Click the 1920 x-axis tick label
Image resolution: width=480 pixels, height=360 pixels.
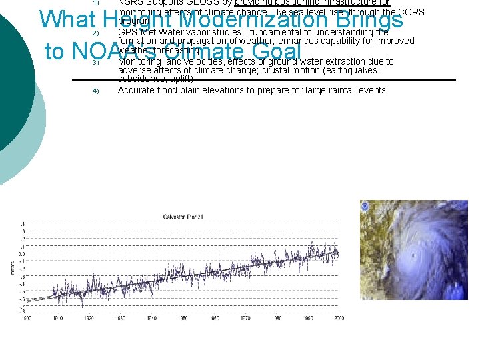click(x=89, y=318)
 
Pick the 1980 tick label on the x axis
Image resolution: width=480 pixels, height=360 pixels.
click(x=276, y=318)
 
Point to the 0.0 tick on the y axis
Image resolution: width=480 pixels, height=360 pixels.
click(x=21, y=253)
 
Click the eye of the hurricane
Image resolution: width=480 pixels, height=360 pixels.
click(x=415, y=255)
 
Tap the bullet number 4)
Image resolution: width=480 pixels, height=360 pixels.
click(x=96, y=91)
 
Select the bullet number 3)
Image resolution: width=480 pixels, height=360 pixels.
click(x=96, y=63)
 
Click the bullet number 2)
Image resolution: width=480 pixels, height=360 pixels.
click(x=96, y=33)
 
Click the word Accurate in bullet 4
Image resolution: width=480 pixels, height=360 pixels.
click(x=137, y=90)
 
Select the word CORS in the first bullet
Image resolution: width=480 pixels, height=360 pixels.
click(x=411, y=11)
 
